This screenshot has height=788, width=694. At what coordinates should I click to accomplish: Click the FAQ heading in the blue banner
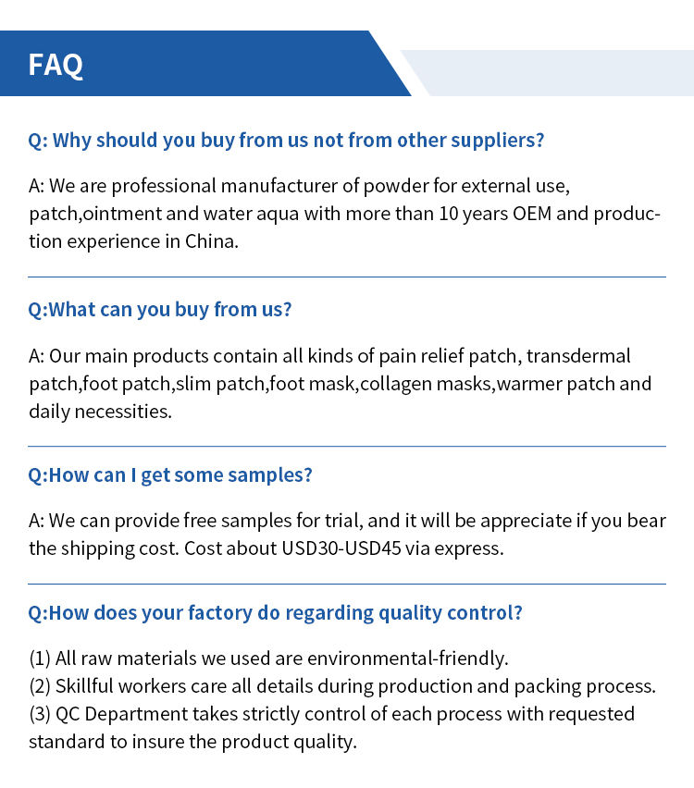56,65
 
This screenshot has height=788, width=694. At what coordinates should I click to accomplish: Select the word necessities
125,412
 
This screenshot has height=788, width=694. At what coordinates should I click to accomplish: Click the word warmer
529,384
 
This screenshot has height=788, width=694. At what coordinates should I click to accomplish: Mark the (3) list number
39,714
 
